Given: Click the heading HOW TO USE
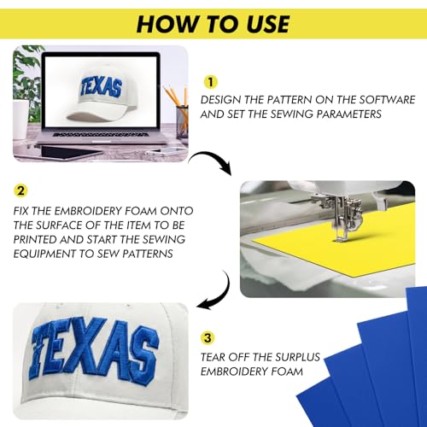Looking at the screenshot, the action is (213, 24).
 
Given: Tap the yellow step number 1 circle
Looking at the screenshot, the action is (210, 82).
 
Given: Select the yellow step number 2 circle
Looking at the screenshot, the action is (20, 190).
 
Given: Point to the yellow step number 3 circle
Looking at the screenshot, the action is (208, 338).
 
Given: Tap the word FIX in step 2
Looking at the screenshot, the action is (21, 211).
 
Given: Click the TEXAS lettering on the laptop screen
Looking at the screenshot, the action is (101, 86).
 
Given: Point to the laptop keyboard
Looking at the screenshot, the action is (101, 134).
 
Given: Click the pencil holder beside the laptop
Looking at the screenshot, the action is (182, 121).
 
